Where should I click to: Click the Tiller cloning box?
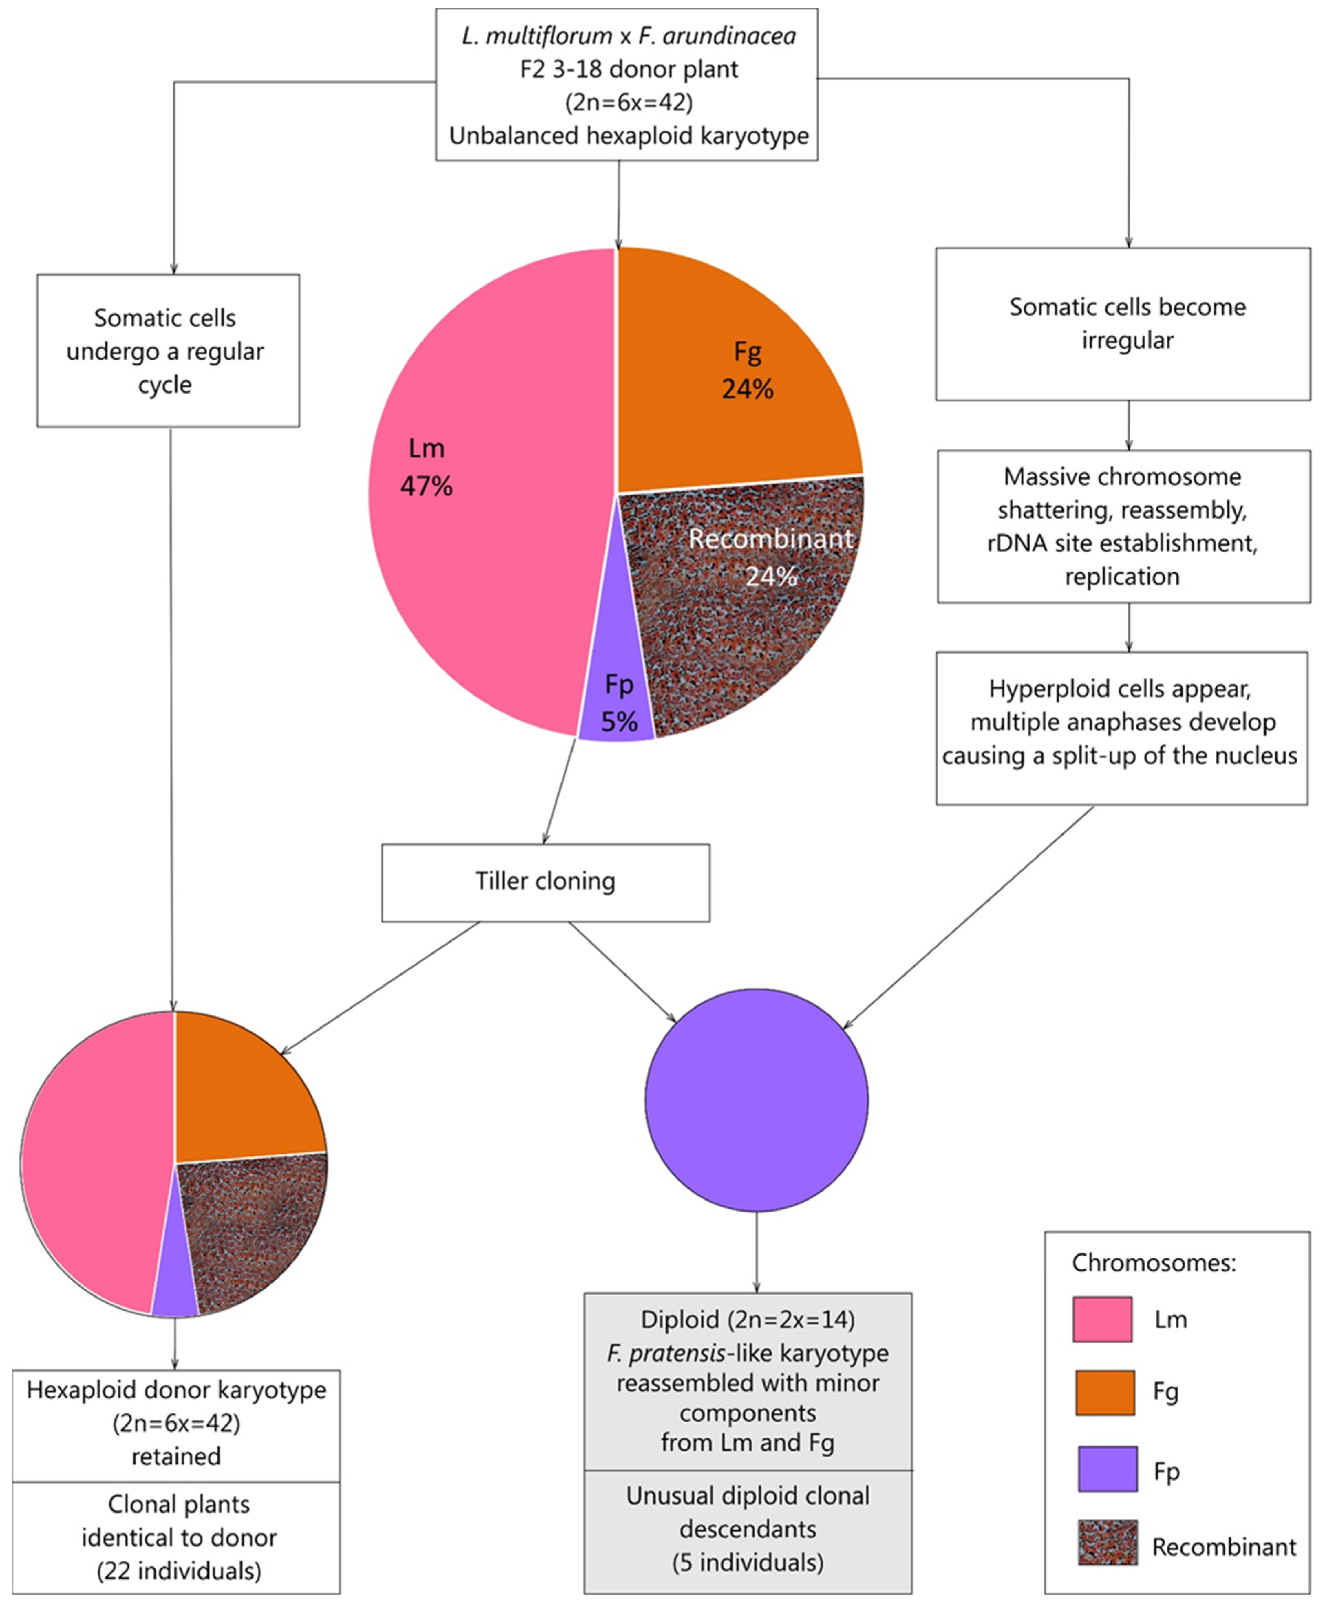tap(545, 882)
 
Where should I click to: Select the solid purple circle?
tap(756, 1099)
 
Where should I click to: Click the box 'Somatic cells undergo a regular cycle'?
tap(168, 351)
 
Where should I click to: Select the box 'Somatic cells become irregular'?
tap(1123, 324)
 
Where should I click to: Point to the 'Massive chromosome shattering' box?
tap(1123, 527)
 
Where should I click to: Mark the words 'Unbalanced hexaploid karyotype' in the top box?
tap(628, 136)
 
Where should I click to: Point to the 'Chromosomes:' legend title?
tap(1153, 1263)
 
